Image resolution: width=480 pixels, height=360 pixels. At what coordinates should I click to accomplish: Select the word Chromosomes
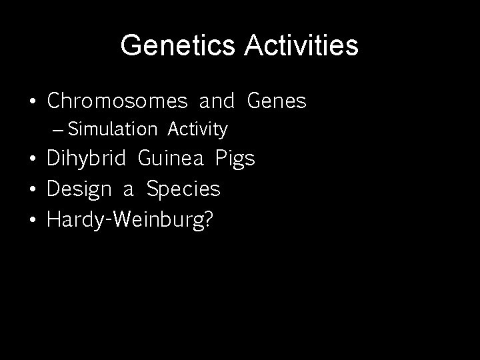point(117,101)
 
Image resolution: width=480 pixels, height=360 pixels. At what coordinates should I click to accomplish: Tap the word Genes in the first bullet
point(277,101)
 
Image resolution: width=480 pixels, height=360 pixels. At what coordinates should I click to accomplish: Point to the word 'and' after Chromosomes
point(217,101)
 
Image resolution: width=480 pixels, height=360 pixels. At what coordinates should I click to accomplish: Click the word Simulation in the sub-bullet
point(113,129)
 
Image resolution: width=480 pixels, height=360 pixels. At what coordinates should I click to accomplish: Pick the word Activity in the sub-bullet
point(198,129)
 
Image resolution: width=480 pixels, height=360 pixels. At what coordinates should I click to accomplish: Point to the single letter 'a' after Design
point(128,191)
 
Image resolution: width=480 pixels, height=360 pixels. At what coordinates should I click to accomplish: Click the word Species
point(183,190)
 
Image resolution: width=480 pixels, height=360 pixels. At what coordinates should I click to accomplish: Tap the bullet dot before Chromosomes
point(32,102)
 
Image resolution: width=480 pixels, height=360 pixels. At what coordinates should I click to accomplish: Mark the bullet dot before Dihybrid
point(32,160)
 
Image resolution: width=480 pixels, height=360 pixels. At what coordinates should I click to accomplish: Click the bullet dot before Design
point(32,190)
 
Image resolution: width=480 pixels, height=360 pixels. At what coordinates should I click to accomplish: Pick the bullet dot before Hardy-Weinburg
point(32,220)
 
